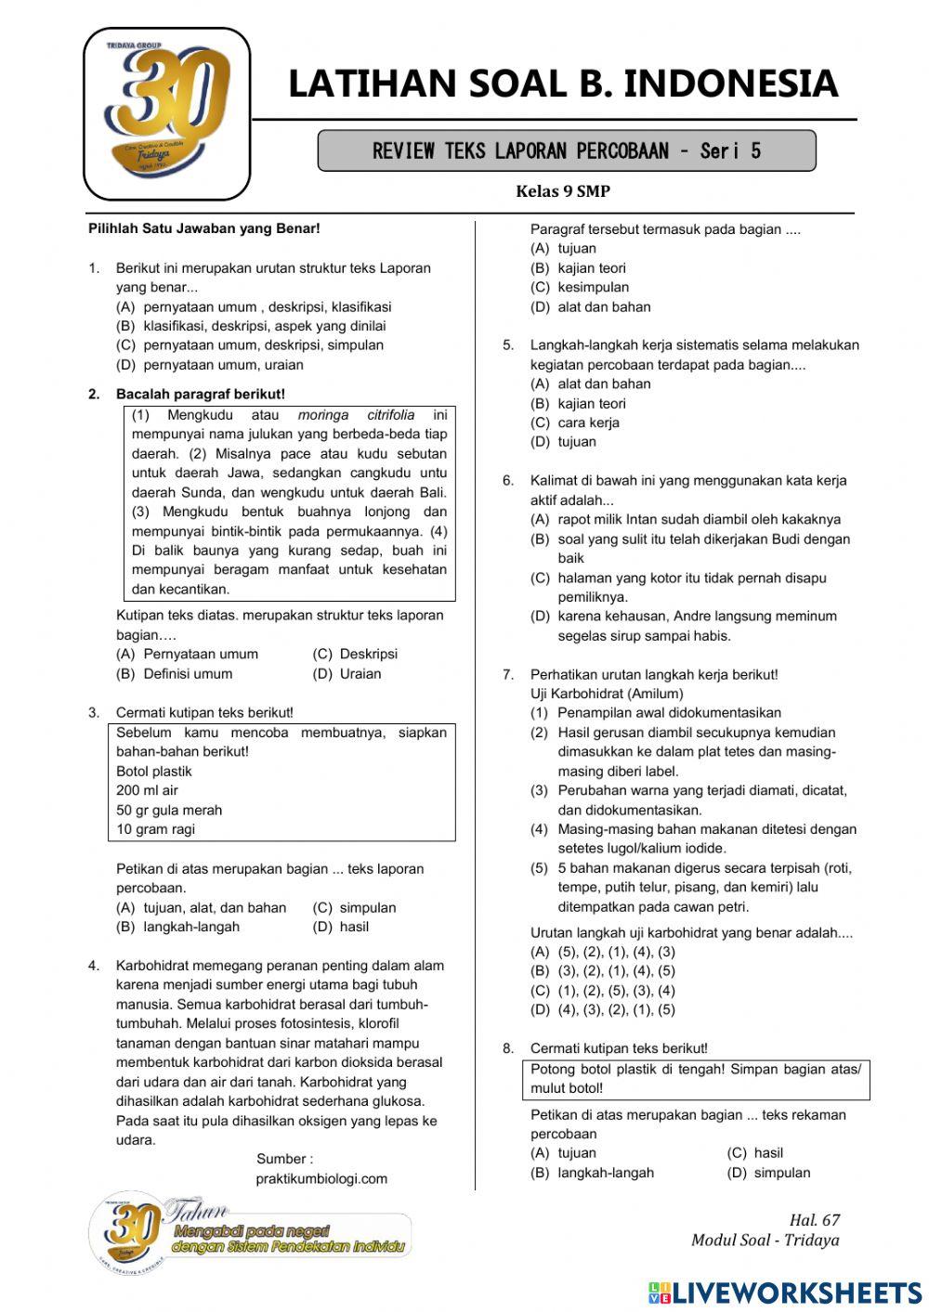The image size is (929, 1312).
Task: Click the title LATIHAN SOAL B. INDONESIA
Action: (563, 84)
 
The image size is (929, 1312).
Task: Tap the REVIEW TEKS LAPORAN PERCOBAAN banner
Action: (566, 150)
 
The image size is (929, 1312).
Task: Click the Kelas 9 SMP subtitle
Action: (563, 191)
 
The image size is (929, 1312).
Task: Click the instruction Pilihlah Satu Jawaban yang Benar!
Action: (203, 228)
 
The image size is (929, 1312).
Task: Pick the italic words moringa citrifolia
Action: (356, 415)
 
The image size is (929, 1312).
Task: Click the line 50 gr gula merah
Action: (169, 810)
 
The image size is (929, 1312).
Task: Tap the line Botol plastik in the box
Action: (154, 771)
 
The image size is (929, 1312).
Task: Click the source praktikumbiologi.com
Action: (321, 1178)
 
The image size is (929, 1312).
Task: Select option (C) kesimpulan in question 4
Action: (580, 287)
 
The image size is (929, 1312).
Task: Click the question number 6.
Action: (508, 481)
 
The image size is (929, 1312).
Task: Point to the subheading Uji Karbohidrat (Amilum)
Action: (607, 694)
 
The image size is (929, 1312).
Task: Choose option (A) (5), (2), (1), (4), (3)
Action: (603, 952)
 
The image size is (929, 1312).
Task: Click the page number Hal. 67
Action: (814, 1220)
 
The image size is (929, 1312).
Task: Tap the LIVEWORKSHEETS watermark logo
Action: (785, 1293)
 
